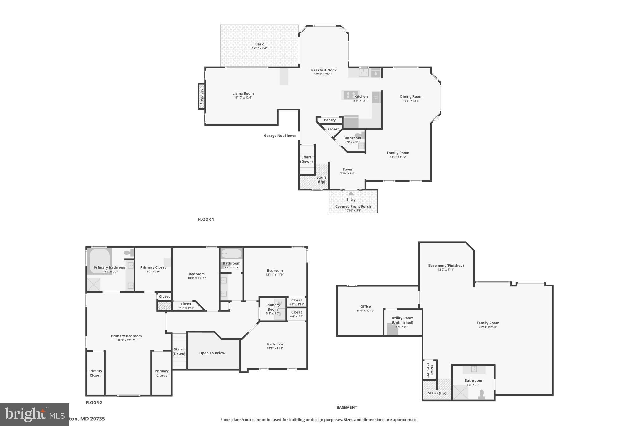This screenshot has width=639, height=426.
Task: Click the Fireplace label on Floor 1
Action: (x=202, y=96)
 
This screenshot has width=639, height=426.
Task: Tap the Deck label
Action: (x=259, y=44)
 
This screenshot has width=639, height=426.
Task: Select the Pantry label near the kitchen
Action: (x=330, y=120)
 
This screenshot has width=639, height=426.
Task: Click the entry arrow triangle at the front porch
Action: (x=351, y=193)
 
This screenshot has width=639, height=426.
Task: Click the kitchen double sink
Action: (x=363, y=73)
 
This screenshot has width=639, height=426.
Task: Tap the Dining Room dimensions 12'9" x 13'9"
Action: (x=411, y=101)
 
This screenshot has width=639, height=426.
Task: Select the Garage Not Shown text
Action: (x=280, y=135)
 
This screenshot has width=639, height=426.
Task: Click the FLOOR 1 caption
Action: (x=206, y=219)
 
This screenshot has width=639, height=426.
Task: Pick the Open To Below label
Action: (x=212, y=353)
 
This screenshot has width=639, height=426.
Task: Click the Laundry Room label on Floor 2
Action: (x=272, y=307)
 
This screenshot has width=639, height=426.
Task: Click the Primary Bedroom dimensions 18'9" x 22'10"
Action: (x=126, y=340)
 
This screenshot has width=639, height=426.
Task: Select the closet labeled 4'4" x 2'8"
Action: (x=296, y=314)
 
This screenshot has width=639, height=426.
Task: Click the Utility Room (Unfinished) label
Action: (x=402, y=320)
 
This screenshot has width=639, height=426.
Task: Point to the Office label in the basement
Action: (x=365, y=306)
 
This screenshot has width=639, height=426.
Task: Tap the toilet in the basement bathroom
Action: (x=482, y=394)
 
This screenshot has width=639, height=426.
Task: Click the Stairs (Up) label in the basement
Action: (x=437, y=393)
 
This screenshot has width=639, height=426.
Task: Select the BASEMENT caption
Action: (x=347, y=407)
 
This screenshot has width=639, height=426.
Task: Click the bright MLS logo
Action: (x=34, y=414)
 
